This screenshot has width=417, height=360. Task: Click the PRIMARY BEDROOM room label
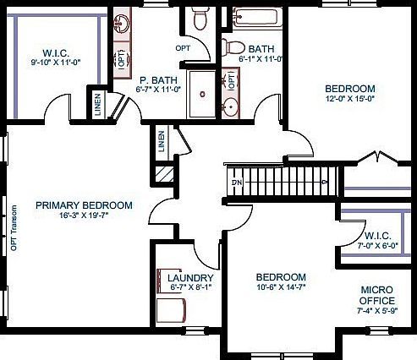pos(84,205)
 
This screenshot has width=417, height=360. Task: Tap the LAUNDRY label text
pos(190,278)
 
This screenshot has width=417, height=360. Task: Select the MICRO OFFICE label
pos(377,295)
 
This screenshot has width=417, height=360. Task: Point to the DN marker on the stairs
pos(238,183)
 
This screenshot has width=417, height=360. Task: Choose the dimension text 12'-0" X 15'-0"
pos(350,99)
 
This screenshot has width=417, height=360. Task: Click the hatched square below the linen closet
pos(162,172)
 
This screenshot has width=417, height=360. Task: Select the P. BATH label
pos(156,79)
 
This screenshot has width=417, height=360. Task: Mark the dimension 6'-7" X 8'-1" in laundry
pos(190,288)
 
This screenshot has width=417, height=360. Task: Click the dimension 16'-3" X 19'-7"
pos(84,215)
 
